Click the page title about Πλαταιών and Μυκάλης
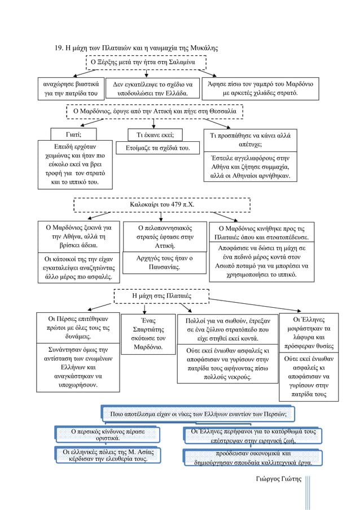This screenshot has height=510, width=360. pos(137,48)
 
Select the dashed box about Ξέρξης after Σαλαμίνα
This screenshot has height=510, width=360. pos(146,63)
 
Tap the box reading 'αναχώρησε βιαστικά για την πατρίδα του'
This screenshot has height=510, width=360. pos(71,89)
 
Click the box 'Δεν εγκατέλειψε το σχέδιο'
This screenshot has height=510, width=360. pos(153,89)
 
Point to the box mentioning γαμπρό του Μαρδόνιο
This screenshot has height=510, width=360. pos(260,89)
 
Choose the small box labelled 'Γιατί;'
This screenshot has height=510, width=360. pos(73,134)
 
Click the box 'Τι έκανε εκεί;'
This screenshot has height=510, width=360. pos(155,134)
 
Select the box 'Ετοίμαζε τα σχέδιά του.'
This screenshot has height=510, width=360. pos(157,147)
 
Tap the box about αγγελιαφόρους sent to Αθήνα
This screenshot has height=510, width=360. pos(250,167)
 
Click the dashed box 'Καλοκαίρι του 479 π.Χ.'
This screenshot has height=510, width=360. pos(162,204)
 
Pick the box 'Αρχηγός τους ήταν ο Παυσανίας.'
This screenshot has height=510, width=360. pos(164,263)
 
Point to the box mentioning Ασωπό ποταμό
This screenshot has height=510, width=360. pos(262,261)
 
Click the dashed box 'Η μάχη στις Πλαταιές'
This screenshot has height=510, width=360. pos(161,296)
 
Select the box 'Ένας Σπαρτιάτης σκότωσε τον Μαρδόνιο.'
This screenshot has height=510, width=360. pos(148,334)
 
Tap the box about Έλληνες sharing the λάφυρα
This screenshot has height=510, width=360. pos(309,333)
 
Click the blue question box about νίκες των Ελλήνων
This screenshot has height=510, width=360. pos(198,414)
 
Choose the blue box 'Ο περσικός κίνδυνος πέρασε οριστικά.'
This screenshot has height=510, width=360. pos(108,434)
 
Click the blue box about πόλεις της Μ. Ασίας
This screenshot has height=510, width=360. pos(108,455)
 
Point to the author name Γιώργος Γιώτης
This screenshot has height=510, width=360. pos(278,479)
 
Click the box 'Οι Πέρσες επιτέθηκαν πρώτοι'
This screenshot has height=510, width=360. pos(78,328)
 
